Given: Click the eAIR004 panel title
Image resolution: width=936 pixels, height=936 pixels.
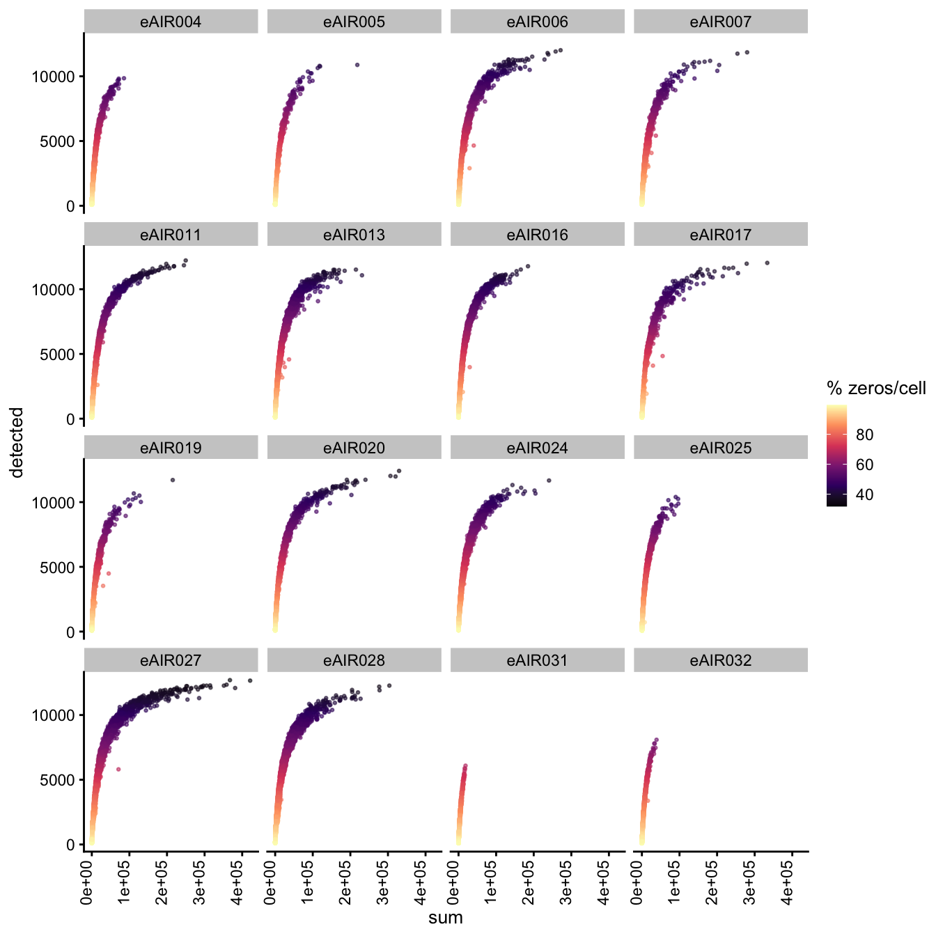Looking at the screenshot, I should pyautogui.click(x=171, y=22).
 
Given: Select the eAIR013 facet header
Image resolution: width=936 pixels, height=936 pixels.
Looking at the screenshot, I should pyautogui.click(x=354, y=235).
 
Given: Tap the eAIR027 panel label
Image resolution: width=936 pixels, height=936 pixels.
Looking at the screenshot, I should pyautogui.click(x=171, y=660).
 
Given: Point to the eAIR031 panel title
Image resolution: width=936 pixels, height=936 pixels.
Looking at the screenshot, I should pyautogui.click(x=537, y=660).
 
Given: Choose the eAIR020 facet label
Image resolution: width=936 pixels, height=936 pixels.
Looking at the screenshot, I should pyautogui.click(x=354, y=448).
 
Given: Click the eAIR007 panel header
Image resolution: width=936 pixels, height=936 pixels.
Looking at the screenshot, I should pyautogui.click(x=721, y=22).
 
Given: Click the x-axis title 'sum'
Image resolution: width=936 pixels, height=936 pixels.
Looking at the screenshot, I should pyautogui.click(x=446, y=917).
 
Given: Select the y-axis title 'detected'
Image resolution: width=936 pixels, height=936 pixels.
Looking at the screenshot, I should pyautogui.click(x=17, y=442).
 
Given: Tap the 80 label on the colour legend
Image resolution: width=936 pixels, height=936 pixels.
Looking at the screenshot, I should pyautogui.click(x=864, y=435).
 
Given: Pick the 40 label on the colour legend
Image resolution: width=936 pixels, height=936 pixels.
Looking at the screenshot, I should pyautogui.click(x=864, y=494).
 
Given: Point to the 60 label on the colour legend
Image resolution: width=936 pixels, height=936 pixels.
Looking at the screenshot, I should pyautogui.click(x=864, y=465).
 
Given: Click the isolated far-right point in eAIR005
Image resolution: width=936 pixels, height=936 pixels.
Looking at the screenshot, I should pyautogui.click(x=357, y=65).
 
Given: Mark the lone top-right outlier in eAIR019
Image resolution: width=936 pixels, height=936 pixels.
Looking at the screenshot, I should pyautogui.click(x=173, y=480).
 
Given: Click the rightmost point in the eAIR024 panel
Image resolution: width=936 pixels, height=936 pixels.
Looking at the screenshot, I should pyautogui.click(x=549, y=481).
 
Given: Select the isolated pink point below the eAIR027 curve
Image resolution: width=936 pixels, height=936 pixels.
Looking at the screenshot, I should pyautogui.click(x=118, y=769).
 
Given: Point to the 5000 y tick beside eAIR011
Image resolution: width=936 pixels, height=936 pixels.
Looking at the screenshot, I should pyautogui.click(x=62, y=354).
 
